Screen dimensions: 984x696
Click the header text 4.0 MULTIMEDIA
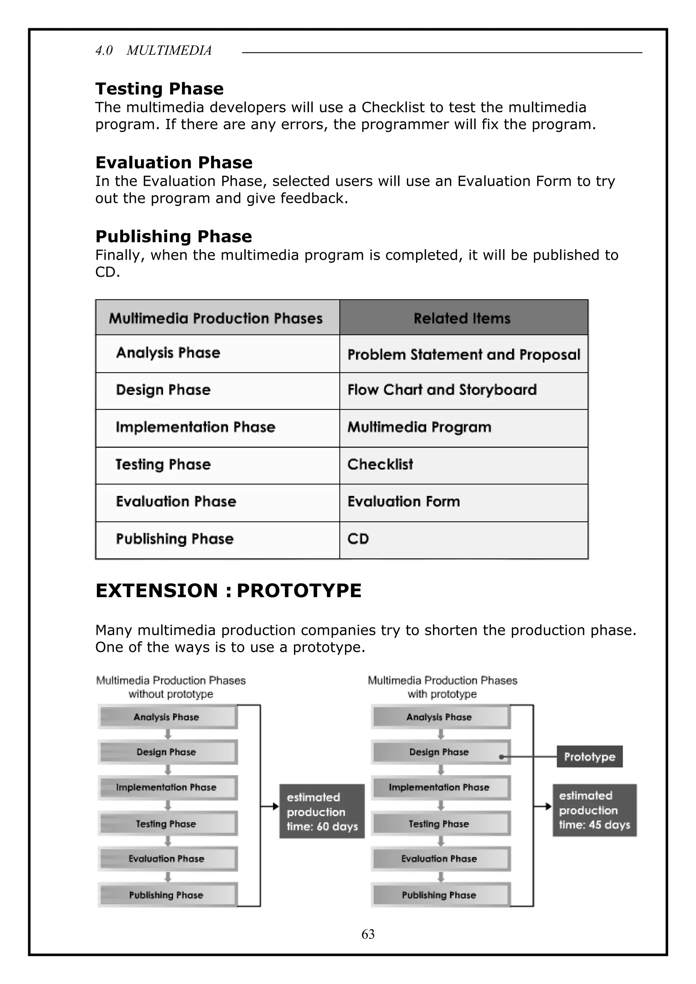tap(153, 51)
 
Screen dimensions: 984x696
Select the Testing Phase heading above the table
tap(159, 89)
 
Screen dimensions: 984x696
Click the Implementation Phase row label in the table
tap(195, 427)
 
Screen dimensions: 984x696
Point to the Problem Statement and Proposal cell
tap(463, 355)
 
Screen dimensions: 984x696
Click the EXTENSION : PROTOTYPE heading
tap(228, 591)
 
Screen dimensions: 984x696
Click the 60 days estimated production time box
tap(322, 812)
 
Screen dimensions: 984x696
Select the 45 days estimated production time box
tap(594, 810)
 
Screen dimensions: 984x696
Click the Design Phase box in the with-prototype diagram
tap(440, 752)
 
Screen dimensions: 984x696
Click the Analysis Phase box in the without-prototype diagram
tap(167, 717)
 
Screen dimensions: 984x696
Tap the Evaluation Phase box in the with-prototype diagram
tap(440, 859)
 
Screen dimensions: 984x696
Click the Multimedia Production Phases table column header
tap(216, 318)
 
